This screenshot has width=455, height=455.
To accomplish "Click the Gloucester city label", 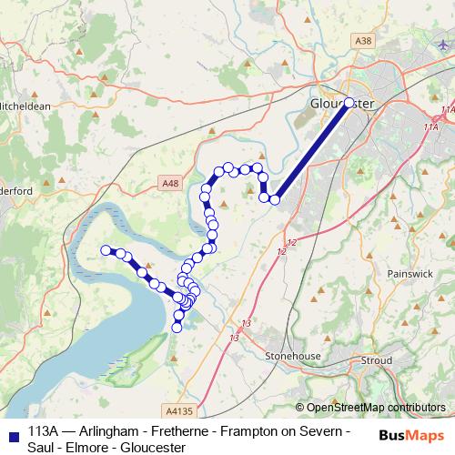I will click(x=341, y=103).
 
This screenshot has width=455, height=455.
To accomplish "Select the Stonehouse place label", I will click(x=288, y=356).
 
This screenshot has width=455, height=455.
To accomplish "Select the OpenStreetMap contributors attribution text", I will click(x=375, y=408).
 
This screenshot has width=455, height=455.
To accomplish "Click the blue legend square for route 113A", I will click(x=11, y=432).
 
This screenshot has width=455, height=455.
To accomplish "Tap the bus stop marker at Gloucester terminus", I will click(x=349, y=103).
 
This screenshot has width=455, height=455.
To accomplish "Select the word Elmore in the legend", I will click(x=91, y=447).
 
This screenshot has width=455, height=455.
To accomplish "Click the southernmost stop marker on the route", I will click(x=177, y=328).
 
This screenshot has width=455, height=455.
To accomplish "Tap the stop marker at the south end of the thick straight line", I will click(x=275, y=199).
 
